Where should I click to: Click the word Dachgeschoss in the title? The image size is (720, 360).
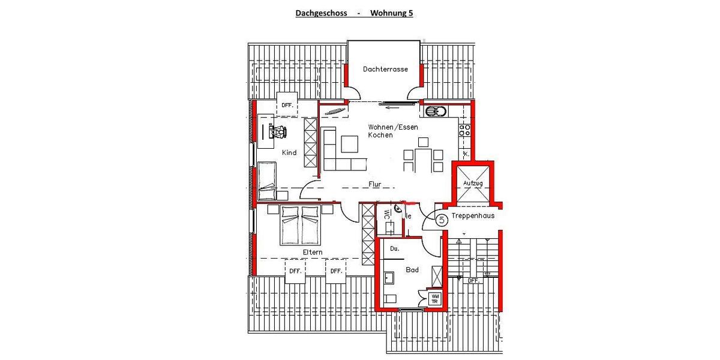[x=321, y=13]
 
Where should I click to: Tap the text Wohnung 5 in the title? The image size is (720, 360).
[x=391, y=13]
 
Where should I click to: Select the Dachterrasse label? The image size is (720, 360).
[x=385, y=70]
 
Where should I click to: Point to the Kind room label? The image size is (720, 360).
[x=289, y=153]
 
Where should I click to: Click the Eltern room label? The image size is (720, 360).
[x=313, y=253]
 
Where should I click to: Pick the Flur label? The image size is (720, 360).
[x=375, y=185]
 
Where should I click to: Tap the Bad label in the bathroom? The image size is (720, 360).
[x=412, y=270]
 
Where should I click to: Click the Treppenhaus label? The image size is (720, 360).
[x=473, y=216]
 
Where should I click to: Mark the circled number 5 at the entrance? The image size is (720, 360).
[x=442, y=220]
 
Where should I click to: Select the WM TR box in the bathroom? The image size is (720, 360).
[x=435, y=299]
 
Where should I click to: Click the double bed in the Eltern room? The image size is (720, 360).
[x=301, y=225]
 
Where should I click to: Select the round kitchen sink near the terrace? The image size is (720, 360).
[x=432, y=111]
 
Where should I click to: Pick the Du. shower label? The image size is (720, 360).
[x=394, y=248]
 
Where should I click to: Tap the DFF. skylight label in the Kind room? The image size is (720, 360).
[x=287, y=106]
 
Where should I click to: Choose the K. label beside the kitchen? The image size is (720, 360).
[x=466, y=154]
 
